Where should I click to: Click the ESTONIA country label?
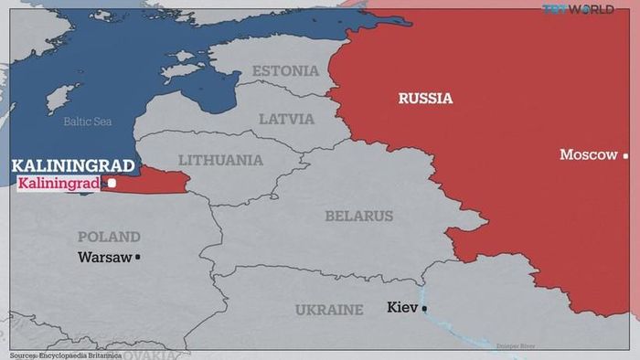coord(285,71)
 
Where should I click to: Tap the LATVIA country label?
coord(286,119)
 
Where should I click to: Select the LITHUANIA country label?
coord(220,160)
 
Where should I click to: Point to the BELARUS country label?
coord(358,217)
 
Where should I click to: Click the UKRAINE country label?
coord(328,310)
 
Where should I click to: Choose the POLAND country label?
coord(109,237)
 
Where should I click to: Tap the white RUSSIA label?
coord(425,98)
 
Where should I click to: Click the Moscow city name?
coord(588,155)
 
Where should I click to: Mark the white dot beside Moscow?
coord(625,155)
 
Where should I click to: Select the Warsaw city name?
coord(104,258)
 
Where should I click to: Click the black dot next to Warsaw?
coord(138,258)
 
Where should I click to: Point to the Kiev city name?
coord(402,308)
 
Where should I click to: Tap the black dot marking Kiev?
coord(424,309)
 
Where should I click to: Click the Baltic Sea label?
coord(88,122)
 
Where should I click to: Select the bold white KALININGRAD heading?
coord(72,165)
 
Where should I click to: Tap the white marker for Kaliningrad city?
coord(112,184)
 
